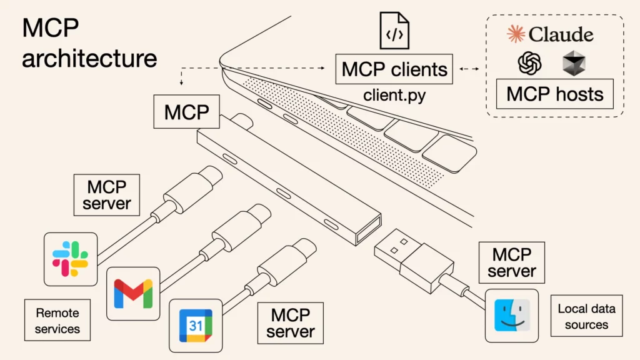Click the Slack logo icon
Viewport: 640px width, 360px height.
pyautogui.click(x=70, y=259)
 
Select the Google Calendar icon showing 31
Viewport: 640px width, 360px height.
pyautogui.click(x=196, y=325)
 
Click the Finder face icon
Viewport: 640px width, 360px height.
pyautogui.click(x=511, y=316)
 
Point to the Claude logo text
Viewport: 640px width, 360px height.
pyautogui.click(x=550, y=34)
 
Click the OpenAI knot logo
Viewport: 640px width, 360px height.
pyautogui.click(x=529, y=63)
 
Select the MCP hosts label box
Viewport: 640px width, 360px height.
pyautogui.click(x=554, y=94)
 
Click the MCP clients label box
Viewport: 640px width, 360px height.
pyautogui.click(x=394, y=69)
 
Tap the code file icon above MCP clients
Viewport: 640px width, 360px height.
pyautogui.click(x=394, y=31)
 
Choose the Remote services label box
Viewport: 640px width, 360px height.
pyautogui.click(x=57, y=320)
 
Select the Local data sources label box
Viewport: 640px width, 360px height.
pyautogui.click(x=586, y=316)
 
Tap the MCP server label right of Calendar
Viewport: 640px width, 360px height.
pyautogui.click(x=291, y=322)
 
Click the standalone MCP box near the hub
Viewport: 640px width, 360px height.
pyautogui.click(x=186, y=112)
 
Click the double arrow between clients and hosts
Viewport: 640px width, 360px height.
pyautogui.click(x=471, y=69)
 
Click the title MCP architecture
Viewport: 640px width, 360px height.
pyautogui.click(x=89, y=44)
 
